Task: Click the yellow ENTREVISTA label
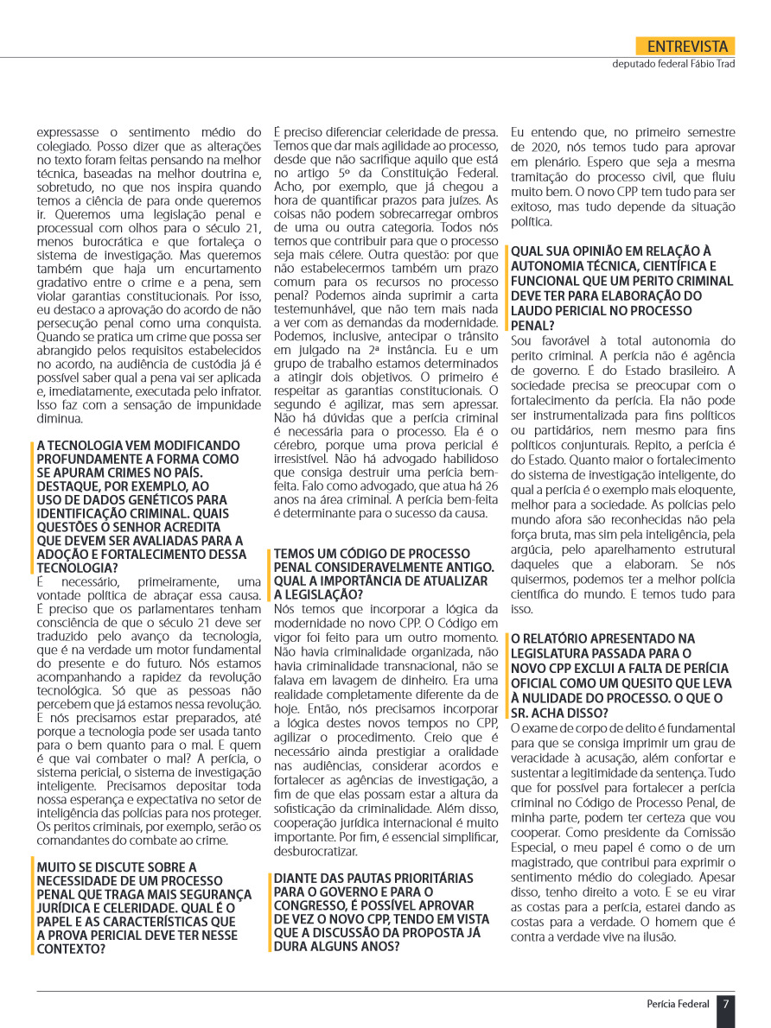point(686,47)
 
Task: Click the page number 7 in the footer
point(726,1004)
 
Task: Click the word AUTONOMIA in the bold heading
point(551,267)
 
